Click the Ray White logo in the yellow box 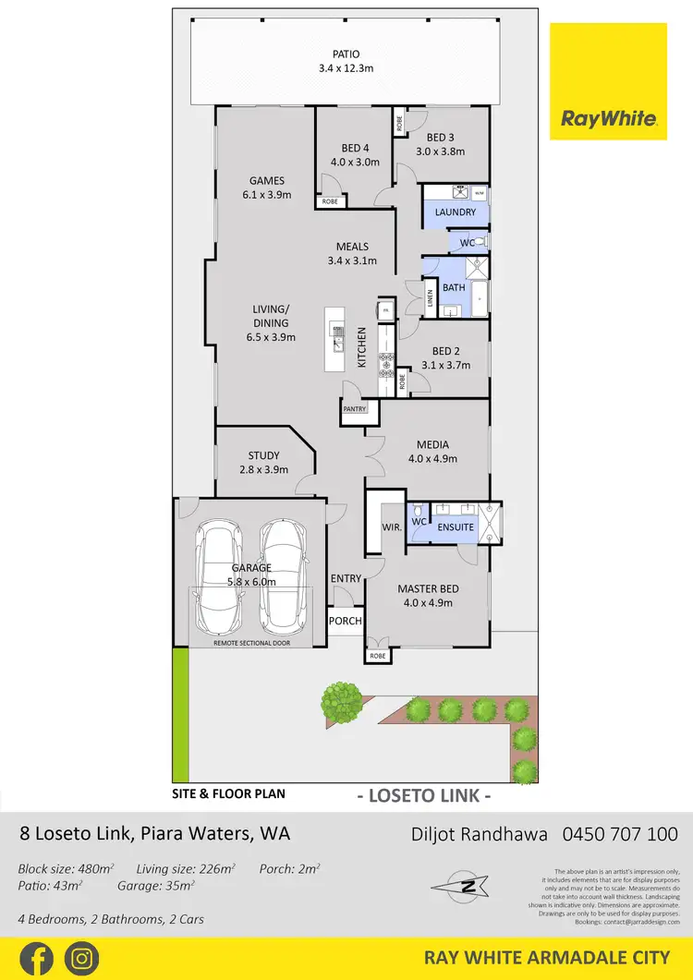click(608, 118)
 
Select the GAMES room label click(266, 181)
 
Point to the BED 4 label click(355, 149)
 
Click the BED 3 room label click(440, 138)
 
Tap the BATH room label click(454, 288)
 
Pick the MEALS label click(352, 247)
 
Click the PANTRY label click(355, 408)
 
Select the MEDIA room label click(432, 443)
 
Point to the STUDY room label click(263, 455)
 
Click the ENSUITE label click(456, 527)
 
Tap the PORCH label click(346, 621)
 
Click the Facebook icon click(36, 958)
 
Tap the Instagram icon click(81, 958)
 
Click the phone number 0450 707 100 click(620, 834)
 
